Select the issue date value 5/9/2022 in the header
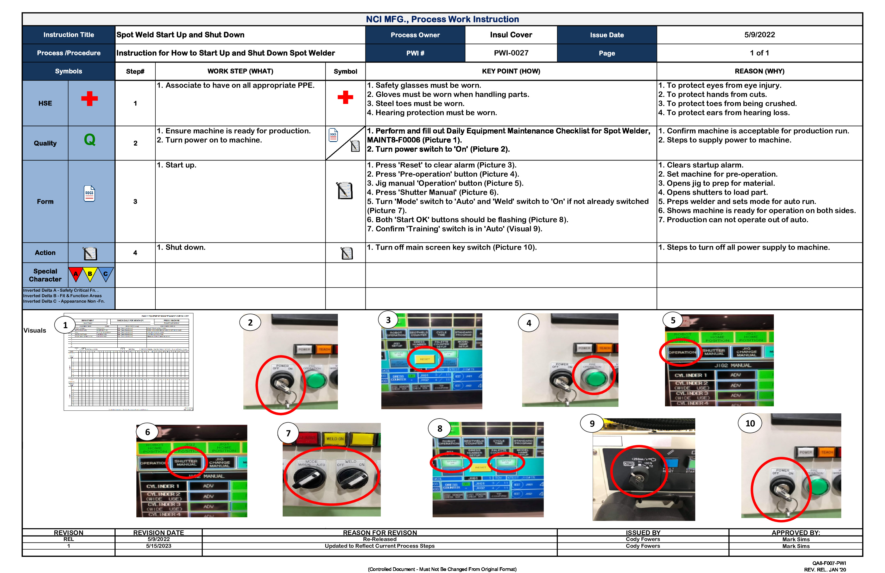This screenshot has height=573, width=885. tap(759, 35)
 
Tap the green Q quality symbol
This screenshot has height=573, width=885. tap(90, 140)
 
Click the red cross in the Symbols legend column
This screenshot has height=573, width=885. tap(89, 99)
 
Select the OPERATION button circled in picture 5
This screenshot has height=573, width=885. tap(682, 352)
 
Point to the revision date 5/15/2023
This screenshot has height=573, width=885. tap(159, 546)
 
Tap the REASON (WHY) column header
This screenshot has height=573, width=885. tap(759, 71)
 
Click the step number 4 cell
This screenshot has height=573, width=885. tap(135, 253)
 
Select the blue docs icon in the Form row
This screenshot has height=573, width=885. tap(89, 194)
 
